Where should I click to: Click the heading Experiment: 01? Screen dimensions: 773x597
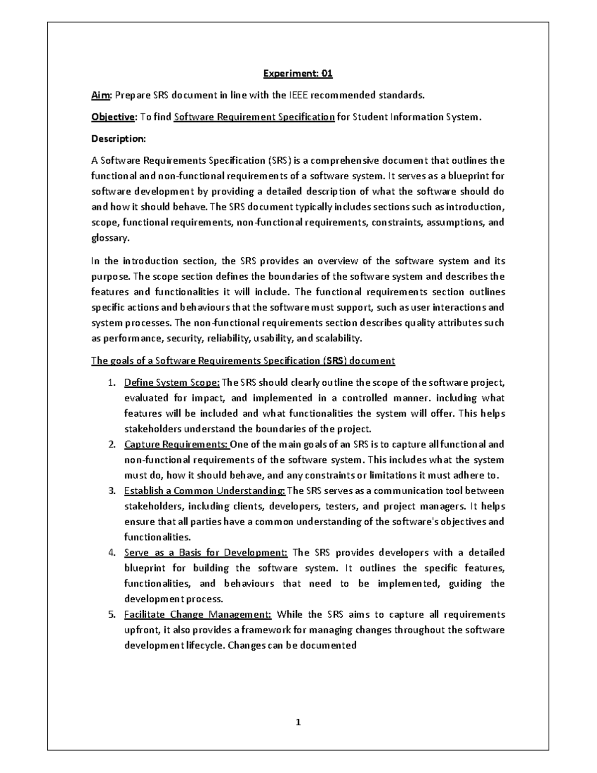coord(298,74)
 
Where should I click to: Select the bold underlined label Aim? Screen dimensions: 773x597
coord(99,96)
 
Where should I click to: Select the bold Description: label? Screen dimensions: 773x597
coord(118,139)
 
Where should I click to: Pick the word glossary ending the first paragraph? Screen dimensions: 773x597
coord(109,238)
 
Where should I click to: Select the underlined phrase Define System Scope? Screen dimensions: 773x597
coord(172,383)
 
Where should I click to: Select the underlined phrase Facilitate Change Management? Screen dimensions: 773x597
coord(198,615)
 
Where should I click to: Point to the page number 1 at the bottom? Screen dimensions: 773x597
coord(298,723)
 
